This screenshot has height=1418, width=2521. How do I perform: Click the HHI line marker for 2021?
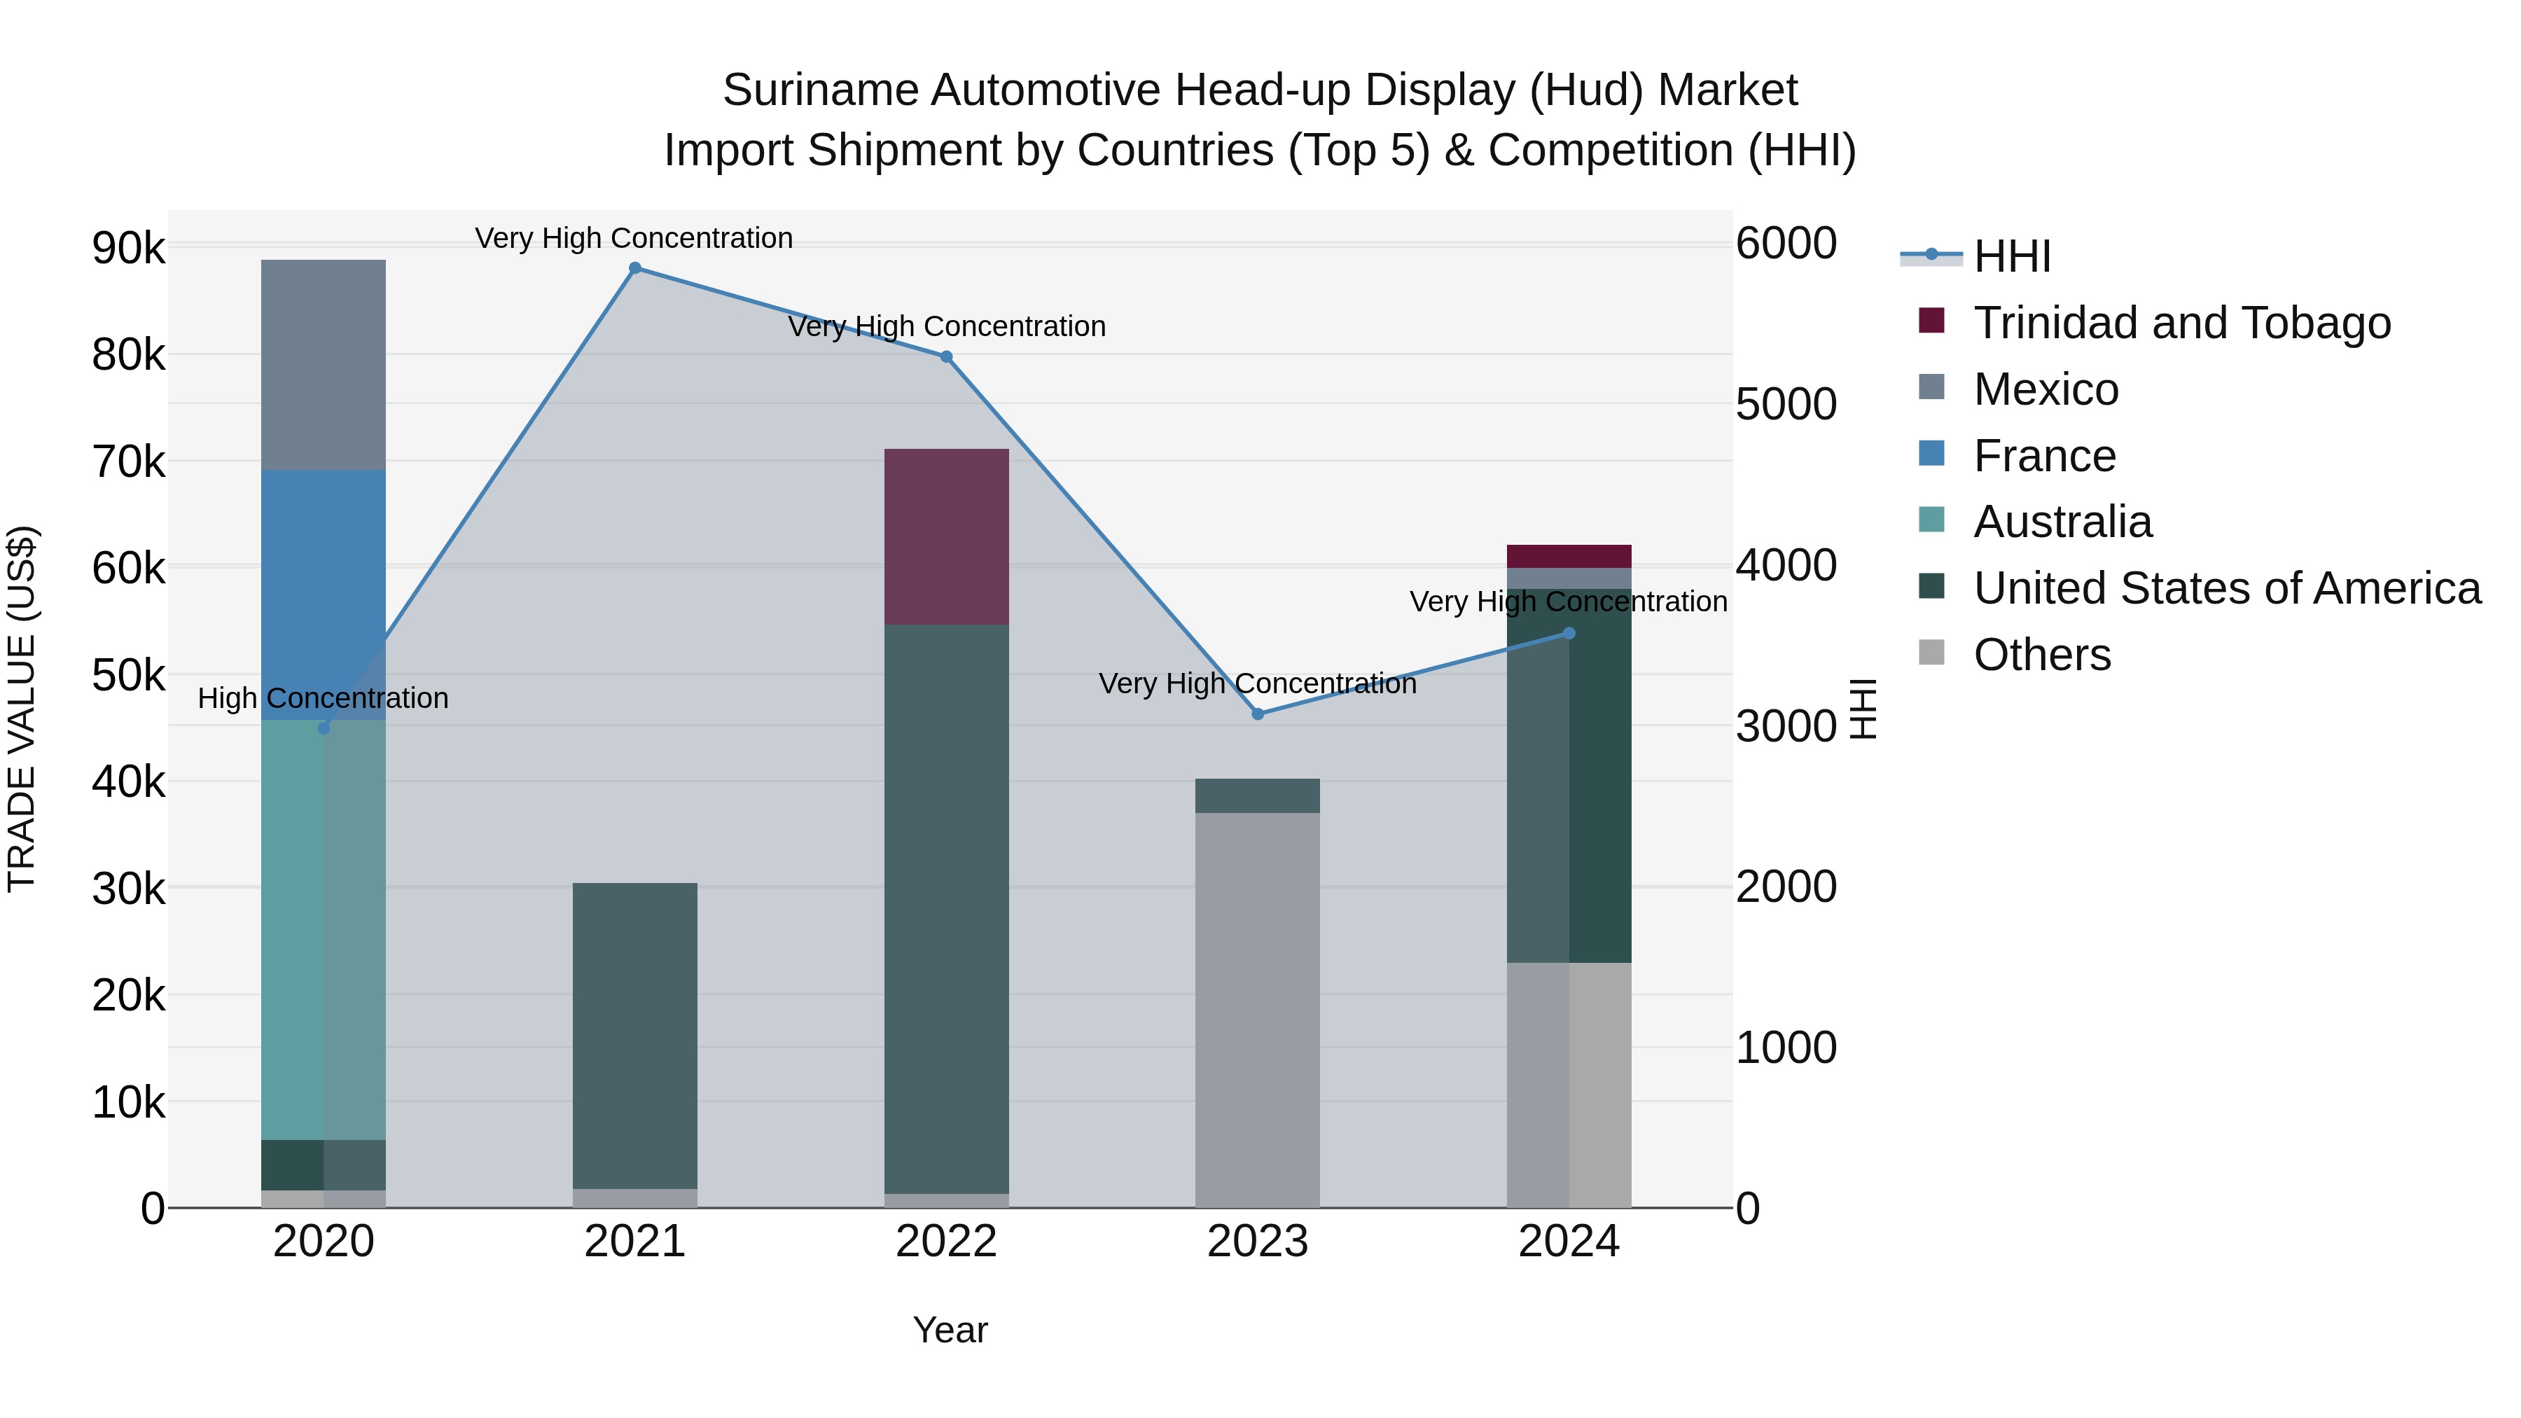click(635, 268)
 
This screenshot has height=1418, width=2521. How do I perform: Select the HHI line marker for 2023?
click(1258, 714)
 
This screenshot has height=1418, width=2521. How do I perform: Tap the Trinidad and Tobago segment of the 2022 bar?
click(946, 536)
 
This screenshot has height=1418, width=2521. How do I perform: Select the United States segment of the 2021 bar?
click(635, 1036)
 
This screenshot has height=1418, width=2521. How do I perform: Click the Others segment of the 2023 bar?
click(1258, 1010)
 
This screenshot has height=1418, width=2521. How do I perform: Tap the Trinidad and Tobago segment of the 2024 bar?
click(1569, 556)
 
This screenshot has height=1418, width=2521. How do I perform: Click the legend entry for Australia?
click(2062, 522)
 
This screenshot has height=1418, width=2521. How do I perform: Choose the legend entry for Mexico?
click(2046, 389)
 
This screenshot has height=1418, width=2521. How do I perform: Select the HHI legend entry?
click(2011, 256)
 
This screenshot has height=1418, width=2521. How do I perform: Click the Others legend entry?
click(2041, 655)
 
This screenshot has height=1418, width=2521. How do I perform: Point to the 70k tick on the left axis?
click(128, 462)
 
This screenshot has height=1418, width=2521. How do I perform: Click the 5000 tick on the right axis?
click(1786, 404)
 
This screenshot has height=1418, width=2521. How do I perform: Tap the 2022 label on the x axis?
click(946, 1242)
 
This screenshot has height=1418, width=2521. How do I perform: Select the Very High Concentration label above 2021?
click(634, 238)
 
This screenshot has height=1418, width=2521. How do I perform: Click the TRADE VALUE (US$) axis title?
click(22, 709)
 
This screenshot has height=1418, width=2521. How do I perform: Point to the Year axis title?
click(950, 1330)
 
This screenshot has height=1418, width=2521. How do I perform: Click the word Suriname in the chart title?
click(820, 90)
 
